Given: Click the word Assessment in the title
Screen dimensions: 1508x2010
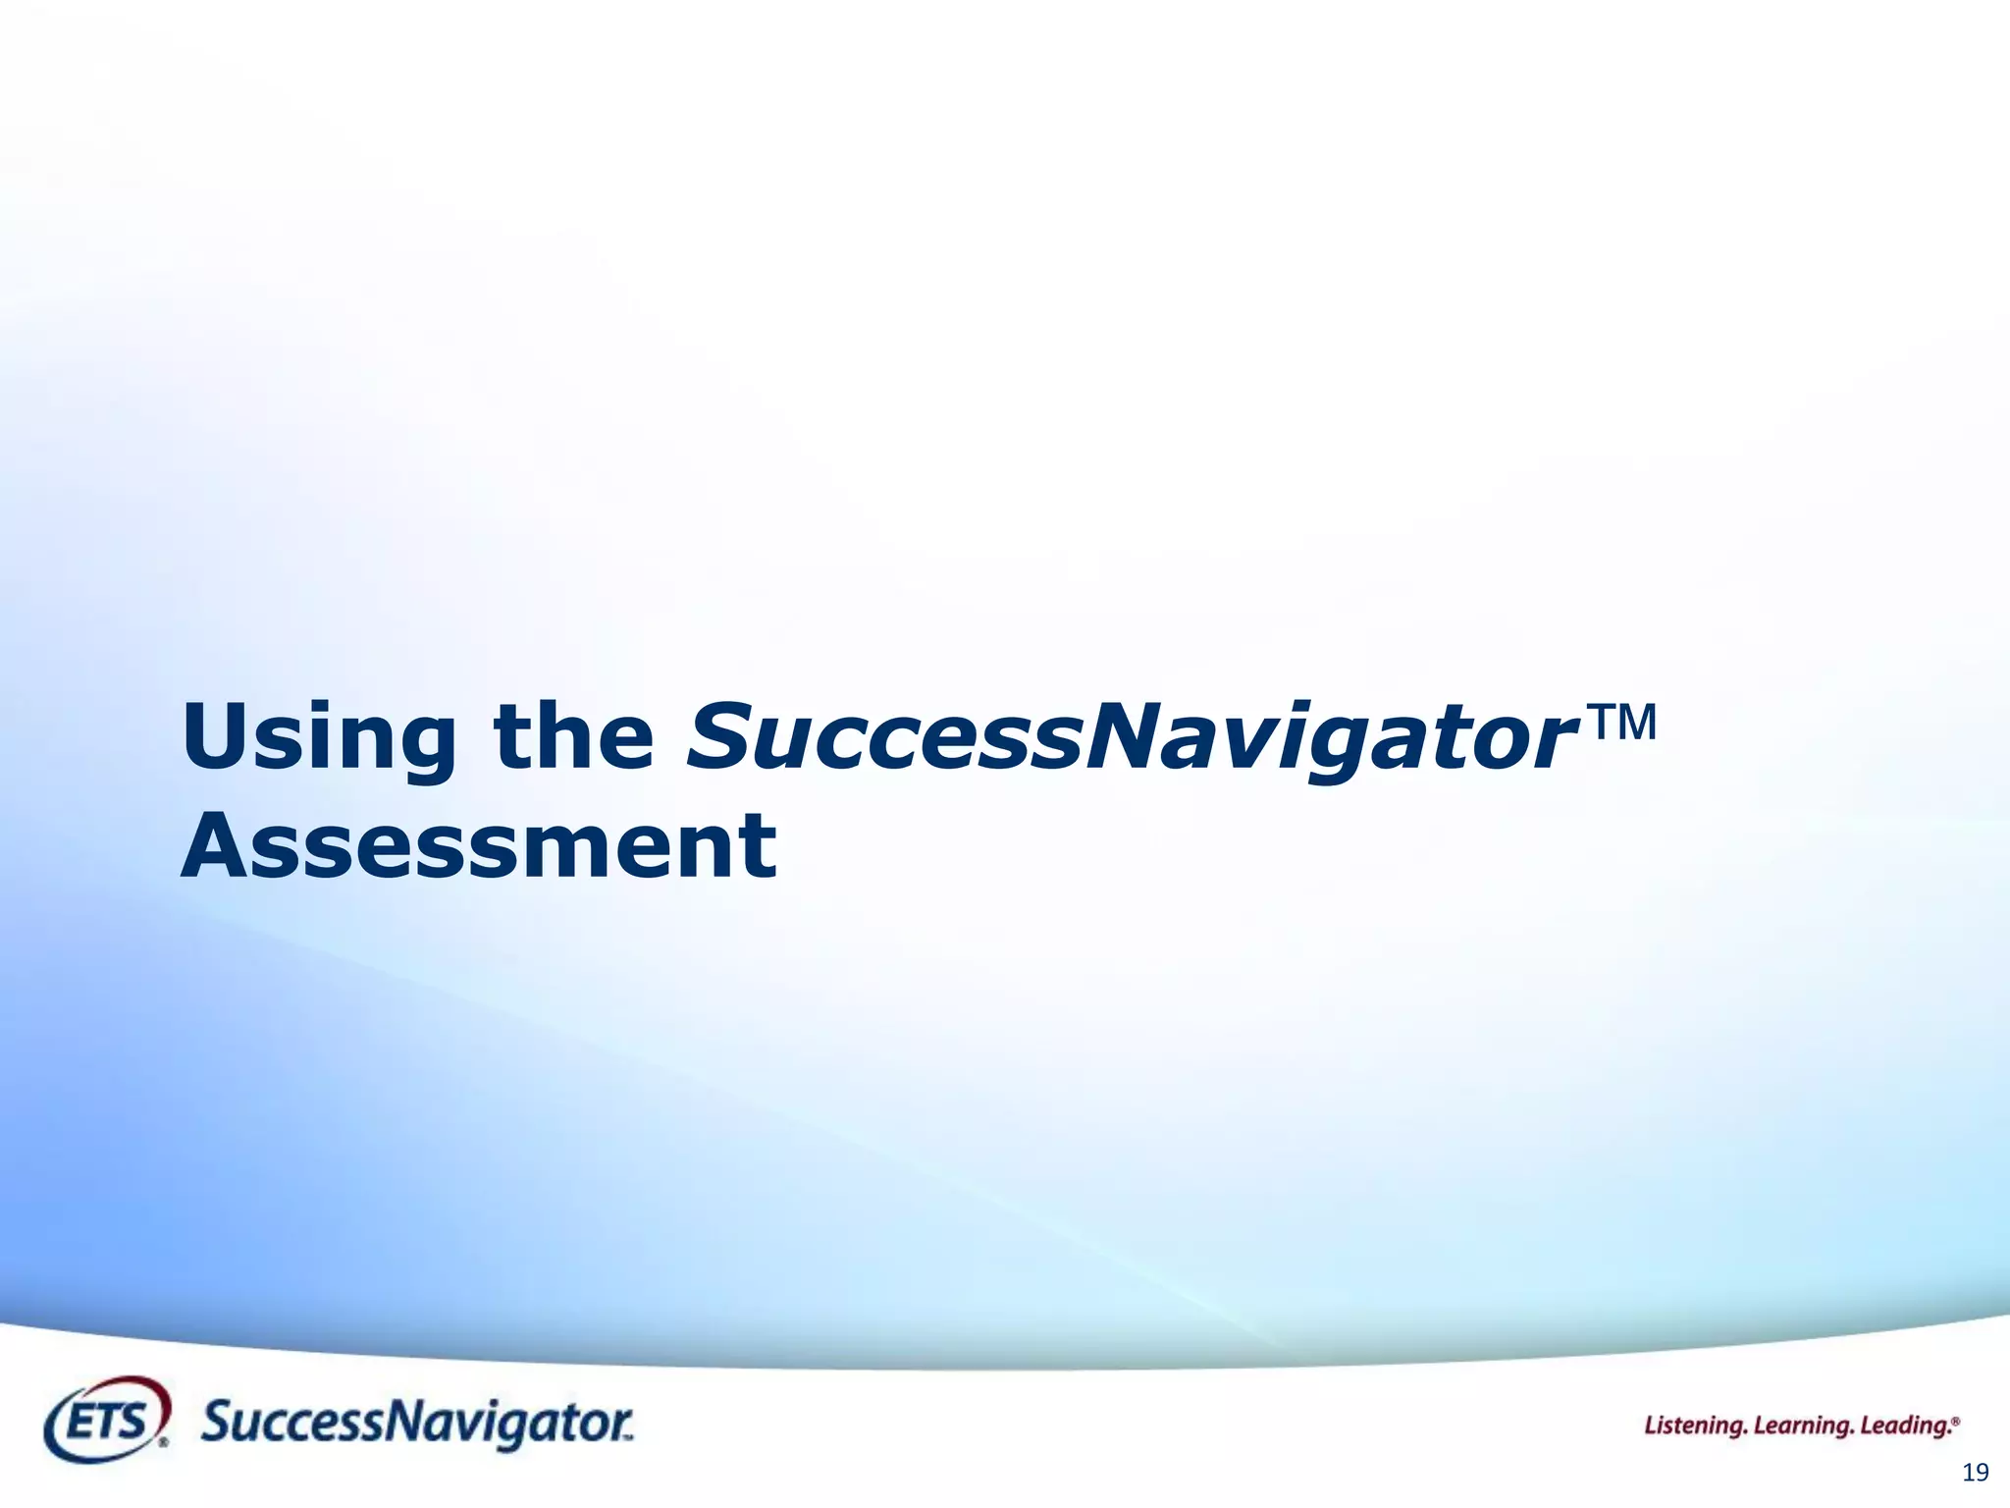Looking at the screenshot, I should pyautogui.click(x=479, y=846).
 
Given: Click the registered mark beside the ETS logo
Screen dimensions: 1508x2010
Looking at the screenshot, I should pyautogui.click(x=164, y=1443).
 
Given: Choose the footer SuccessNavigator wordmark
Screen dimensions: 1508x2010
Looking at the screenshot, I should pyautogui.click(x=416, y=1424).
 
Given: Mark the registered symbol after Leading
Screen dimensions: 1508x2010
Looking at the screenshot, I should pyautogui.click(x=1956, y=1420).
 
